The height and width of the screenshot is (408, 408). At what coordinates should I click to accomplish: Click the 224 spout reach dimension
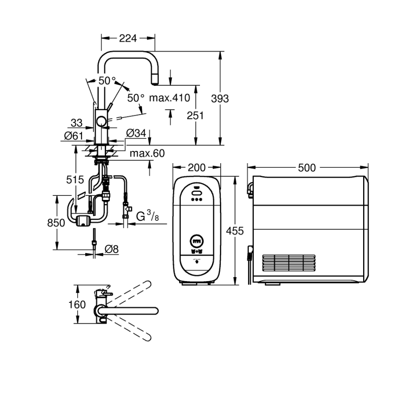pos(127,39)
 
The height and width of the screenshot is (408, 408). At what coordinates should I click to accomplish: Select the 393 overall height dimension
pos(220,98)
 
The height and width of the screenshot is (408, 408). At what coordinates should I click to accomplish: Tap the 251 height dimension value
pos(195,115)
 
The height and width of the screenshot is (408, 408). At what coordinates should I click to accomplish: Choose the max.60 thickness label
pos(147,154)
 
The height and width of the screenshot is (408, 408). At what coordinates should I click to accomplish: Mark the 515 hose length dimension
pos(75,180)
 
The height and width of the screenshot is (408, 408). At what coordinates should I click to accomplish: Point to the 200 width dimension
pos(196,168)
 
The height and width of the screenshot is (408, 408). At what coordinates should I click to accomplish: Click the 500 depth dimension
pos(307,168)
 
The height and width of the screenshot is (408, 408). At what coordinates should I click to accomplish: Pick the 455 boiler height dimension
pos(235,231)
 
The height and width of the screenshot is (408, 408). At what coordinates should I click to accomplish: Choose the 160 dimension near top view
pos(77,304)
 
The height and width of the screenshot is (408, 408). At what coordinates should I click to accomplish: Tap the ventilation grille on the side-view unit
pos(288,263)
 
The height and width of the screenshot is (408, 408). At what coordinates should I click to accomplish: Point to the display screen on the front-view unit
pos(197,239)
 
